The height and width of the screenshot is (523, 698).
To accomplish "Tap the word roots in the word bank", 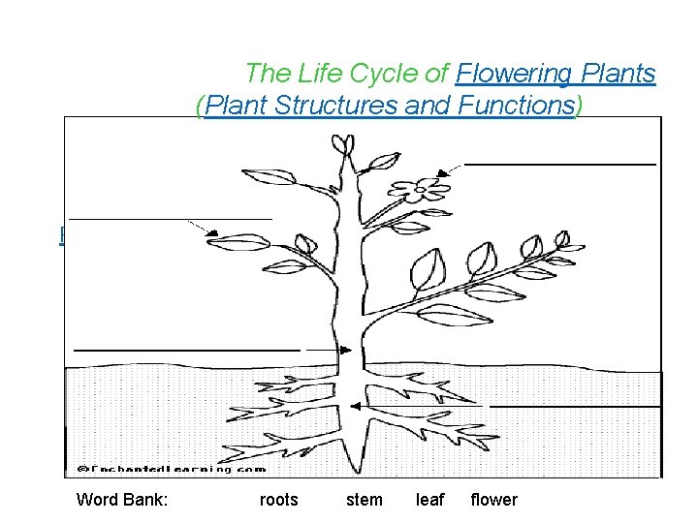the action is pos(279,500).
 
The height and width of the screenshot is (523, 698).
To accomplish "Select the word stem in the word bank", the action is pos(365,500).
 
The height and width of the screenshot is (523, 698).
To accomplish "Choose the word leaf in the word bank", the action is pos(429,500).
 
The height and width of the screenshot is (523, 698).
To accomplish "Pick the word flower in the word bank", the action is pos(493,500).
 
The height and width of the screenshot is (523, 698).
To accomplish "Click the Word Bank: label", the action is pos(122,500).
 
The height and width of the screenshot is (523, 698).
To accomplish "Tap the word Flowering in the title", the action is pos(515,74).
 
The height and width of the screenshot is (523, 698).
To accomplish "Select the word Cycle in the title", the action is pos(391,74).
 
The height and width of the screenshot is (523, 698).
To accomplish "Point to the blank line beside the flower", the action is pos(560,166).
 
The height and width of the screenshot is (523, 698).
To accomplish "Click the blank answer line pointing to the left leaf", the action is pos(171,220).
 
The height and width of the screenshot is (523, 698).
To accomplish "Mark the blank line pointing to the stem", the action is pos(187,348).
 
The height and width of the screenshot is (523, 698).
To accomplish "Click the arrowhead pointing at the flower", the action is pos(443,172).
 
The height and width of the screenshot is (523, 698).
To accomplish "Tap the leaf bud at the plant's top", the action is pos(341,144).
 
